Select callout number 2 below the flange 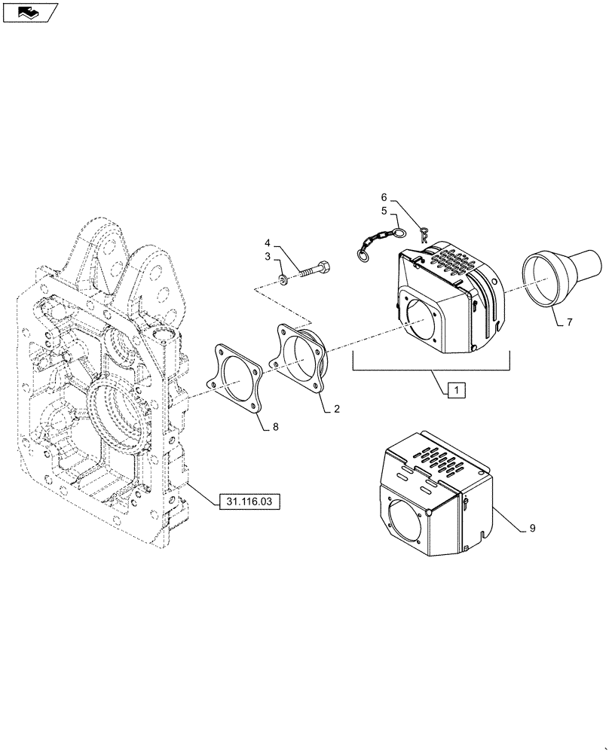336,409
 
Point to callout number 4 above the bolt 267,242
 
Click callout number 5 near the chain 384,210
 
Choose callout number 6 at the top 384,197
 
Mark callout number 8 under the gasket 275,426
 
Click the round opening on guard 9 406,520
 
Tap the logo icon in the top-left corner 28,11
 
